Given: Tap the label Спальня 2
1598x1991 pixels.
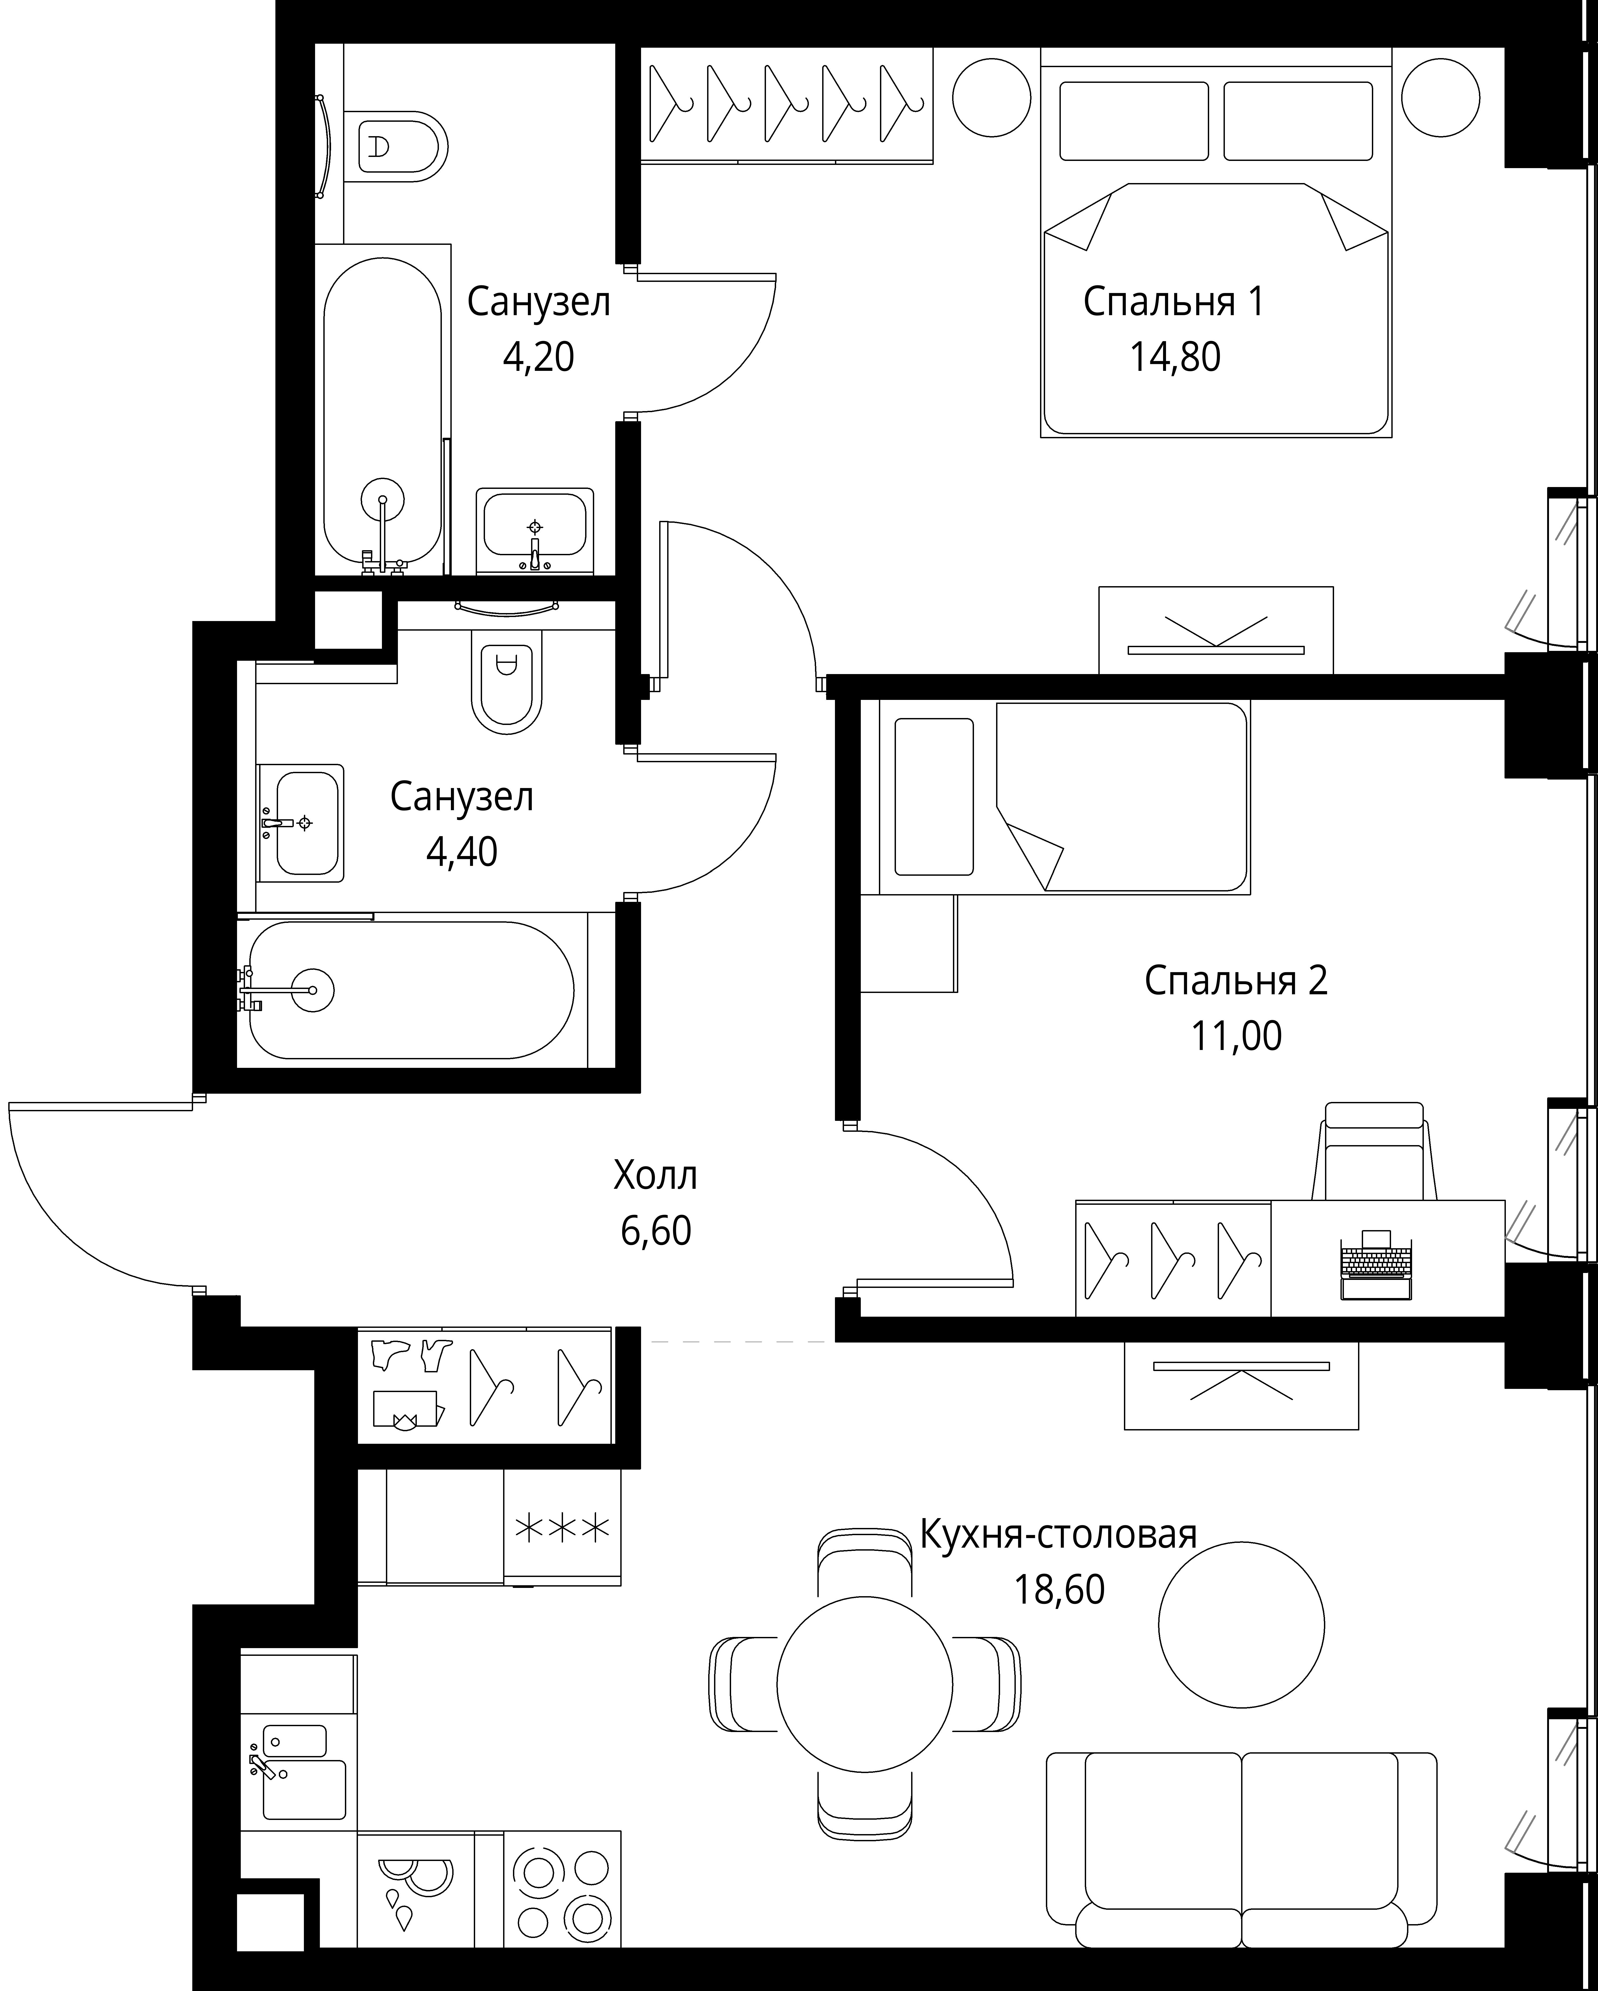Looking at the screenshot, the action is click(1236, 981).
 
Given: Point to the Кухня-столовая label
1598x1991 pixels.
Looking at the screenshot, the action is click(1059, 1534).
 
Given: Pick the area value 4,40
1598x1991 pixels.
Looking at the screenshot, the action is click(462, 851).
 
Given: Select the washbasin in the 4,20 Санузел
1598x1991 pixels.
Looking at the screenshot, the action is click(535, 531).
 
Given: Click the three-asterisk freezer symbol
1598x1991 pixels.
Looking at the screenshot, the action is click(561, 1528).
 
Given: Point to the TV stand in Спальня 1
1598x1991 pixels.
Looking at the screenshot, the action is click(1216, 630).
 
